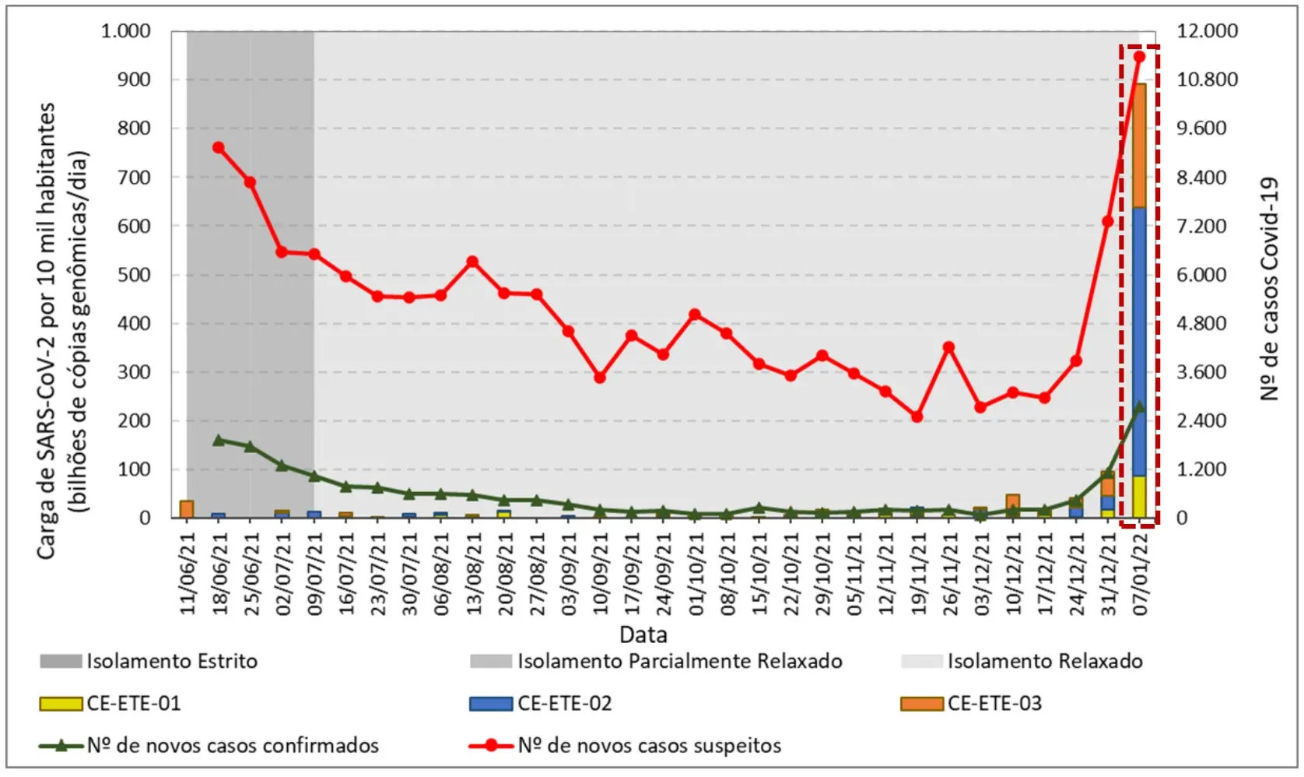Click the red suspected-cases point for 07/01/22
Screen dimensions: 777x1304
pyautogui.click(x=1139, y=56)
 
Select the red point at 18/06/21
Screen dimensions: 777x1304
pyautogui.click(x=219, y=147)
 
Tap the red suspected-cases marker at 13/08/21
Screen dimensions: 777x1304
pyautogui.click(x=472, y=262)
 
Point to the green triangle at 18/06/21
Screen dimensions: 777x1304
pyautogui.click(x=219, y=440)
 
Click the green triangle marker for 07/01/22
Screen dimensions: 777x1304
pyautogui.click(x=1139, y=406)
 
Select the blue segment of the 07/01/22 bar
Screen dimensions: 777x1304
pyautogui.click(x=1139, y=343)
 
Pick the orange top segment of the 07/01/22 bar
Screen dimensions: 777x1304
pyautogui.click(x=1139, y=146)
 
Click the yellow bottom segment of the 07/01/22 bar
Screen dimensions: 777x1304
pyautogui.click(x=1139, y=497)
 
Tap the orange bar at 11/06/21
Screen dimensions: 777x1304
pyautogui.click(x=187, y=509)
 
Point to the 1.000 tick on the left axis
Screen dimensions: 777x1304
pyautogui.click(x=125, y=31)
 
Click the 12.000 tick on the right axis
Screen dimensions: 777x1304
pyautogui.click(x=1207, y=31)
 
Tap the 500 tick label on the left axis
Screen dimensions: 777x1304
pyautogui.click(x=134, y=275)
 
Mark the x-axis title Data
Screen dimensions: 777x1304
pyautogui.click(x=643, y=634)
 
